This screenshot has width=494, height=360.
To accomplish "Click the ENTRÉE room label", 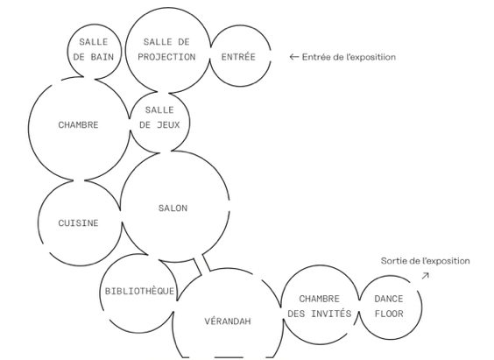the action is pos(238,57).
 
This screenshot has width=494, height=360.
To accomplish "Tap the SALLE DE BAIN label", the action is pos(93,49).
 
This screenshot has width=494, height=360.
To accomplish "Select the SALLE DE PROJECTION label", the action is pos(166,49).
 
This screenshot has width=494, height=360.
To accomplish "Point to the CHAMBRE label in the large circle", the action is pos(79,125).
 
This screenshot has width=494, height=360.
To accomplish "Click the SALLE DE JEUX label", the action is pos(159,117).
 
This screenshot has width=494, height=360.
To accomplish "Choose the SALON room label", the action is pos(173,208).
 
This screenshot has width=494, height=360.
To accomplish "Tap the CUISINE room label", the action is pos(79,223).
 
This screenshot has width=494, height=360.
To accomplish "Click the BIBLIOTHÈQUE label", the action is pos(139,291).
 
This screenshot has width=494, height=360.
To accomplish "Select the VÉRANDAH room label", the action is pos(228,321).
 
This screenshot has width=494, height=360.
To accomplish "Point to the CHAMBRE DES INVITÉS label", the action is pos(320,307).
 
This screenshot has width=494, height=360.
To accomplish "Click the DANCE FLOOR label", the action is pos(389,307).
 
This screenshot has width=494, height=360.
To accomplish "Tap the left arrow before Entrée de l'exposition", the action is pos(294,57).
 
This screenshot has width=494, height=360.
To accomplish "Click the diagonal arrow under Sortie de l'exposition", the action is pos(426,276).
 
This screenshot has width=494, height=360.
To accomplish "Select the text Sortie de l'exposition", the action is pos(426,261).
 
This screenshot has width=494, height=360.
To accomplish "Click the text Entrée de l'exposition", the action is pos(349,57).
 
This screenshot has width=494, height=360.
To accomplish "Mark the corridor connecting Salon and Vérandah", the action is pos(201,265).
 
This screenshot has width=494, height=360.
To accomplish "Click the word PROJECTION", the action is pos(166,57).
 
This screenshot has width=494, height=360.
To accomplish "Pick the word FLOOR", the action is pos(389,314).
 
